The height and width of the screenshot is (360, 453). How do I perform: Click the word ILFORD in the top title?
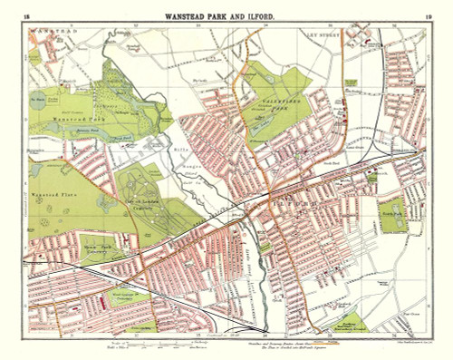point(272,15)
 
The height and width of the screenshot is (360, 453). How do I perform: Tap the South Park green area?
point(390,214)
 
